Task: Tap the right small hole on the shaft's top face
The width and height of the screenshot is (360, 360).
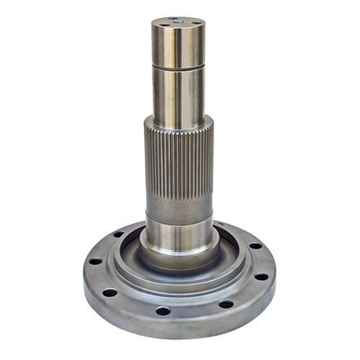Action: [x=191, y=21]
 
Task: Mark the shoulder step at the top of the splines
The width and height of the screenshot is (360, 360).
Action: [x=178, y=120]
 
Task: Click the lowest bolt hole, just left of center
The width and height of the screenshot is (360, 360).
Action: [x=163, y=310]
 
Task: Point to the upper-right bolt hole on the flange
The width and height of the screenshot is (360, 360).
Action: [x=255, y=245]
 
